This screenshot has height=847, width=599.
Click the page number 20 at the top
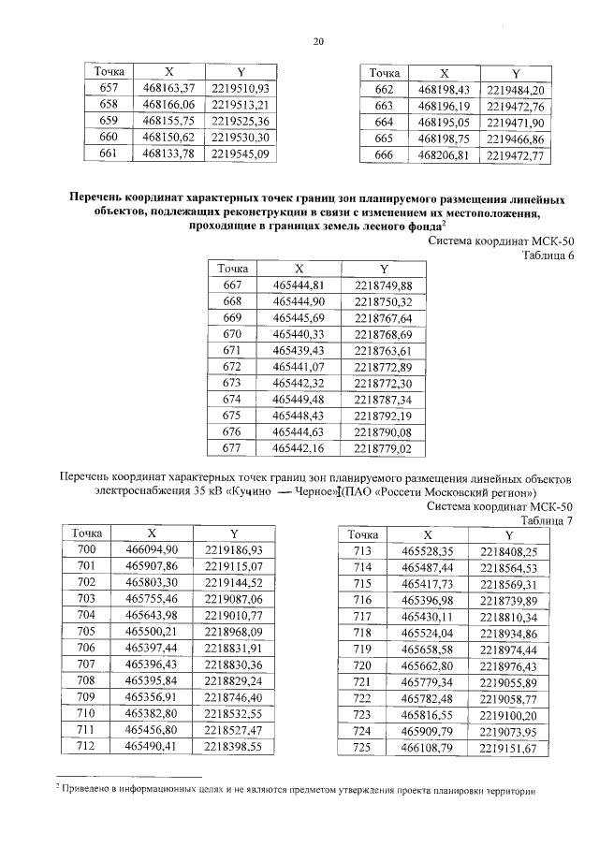tap(318, 40)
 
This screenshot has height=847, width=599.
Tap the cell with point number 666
tap(383, 155)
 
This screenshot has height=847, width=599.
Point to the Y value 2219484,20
tap(516, 89)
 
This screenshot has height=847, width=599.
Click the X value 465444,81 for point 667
tap(298, 285)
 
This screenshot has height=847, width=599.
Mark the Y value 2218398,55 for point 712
tap(233, 745)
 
